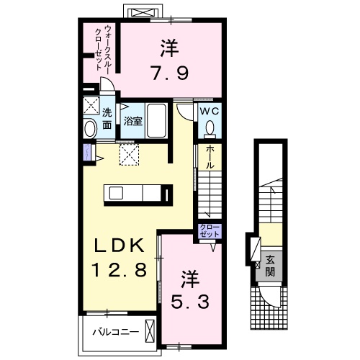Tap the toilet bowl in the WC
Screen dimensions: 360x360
click(x=210, y=127)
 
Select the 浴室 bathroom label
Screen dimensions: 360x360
click(x=132, y=122)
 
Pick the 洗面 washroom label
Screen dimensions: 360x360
click(x=107, y=119)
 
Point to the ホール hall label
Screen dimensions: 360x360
click(x=210, y=157)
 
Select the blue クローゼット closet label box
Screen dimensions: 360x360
click(x=210, y=232)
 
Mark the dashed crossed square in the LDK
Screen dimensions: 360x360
click(x=129, y=153)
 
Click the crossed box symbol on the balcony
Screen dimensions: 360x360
click(x=149, y=332)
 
